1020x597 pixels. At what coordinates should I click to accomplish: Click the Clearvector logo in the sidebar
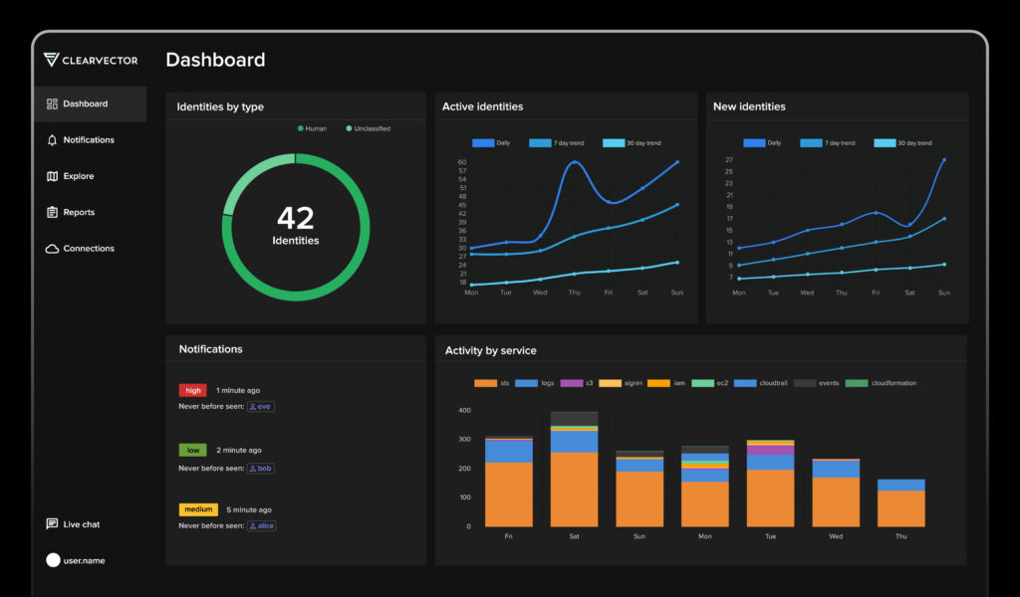tap(91, 60)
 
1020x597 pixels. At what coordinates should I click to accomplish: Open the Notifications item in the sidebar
tap(88, 140)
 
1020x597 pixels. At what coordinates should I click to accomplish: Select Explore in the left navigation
tap(78, 176)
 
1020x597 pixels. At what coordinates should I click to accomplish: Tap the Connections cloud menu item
tap(88, 249)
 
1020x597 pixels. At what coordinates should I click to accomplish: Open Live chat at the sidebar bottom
tap(81, 524)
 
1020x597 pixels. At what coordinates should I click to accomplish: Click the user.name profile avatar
tap(53, 560)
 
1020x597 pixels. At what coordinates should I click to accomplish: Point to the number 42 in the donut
tap(295, 218)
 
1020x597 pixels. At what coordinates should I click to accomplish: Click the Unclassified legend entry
tap(368, 128)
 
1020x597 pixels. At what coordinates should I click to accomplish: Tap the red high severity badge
tap(192, 391)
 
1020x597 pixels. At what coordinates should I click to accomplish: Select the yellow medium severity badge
tap(198, 509)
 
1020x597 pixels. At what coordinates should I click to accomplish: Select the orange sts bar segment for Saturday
tap(574, 489)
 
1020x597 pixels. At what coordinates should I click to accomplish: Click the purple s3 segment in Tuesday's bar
tap(770, 450)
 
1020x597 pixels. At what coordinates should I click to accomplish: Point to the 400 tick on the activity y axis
tap(464, 410)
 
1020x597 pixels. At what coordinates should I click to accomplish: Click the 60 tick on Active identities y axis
tap(462, 162)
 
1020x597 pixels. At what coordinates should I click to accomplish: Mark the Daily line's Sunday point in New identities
tap(943, 160)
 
